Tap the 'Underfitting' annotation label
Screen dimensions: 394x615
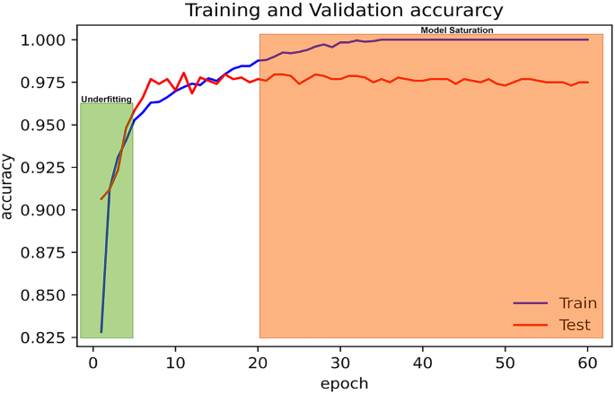tap(107, 99)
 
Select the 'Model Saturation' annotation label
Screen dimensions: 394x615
tap(457, 31)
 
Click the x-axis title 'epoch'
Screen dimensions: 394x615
tap(344, 382)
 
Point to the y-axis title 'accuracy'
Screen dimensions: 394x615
tap(9, 187)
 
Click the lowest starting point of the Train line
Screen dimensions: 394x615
tap(101, 332)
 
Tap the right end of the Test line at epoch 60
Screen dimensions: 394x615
tap(588, 83)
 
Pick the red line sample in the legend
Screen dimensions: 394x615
tap(530, 325)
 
